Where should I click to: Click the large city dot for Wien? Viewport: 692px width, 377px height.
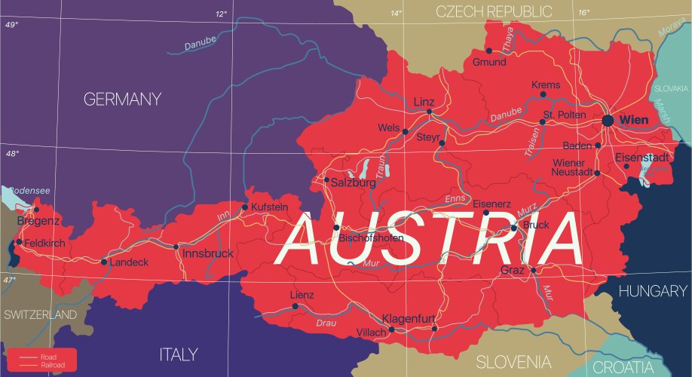pyautogui.click(x=608, y=121)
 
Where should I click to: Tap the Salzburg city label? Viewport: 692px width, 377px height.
pyautogui.click(x=353, y=182)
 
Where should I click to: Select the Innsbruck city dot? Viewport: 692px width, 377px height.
pyautogui.click(x=176, y=247)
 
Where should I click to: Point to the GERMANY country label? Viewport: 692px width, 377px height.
pyautogui.click(x=122, y=100)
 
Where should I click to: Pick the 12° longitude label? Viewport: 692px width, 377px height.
pyautogui.click(x=221, y=14)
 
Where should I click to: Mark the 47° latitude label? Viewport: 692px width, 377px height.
pyautogui.click(x=9, y=280)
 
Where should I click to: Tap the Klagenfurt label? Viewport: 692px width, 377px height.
pyautogui.click(x=409, y=318)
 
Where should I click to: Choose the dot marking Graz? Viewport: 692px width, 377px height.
pyautogui.click(x=533, y=270)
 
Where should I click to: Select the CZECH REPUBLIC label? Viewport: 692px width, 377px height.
pyautogui.click(x=494, y=11)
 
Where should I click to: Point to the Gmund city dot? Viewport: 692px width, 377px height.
pyautogui.click(x=488, y=51)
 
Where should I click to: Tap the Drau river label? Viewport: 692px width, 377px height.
pyautogui.click(x=326, y=323)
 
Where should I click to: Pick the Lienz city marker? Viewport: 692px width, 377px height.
pyautogui.click(x=295, y=306)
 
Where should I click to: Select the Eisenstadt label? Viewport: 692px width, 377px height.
pyautogui.click(x=641, y=158)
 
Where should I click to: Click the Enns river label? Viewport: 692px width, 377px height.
pyautogui.click(x=455, y=198)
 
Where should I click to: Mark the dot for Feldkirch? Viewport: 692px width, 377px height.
pyautogui.click(x=20, y=242)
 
